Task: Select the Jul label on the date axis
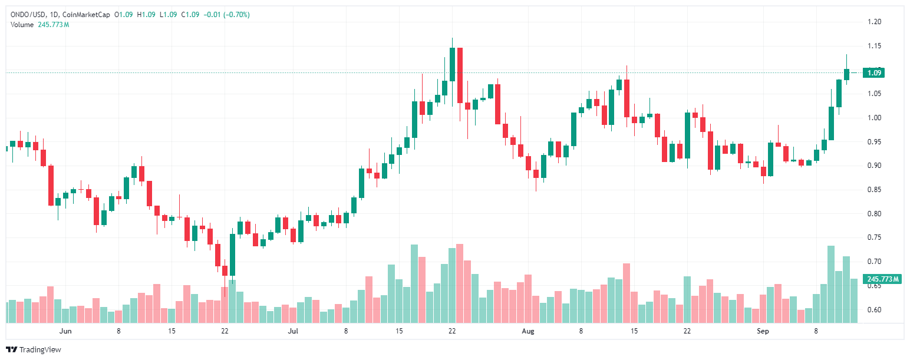(x=293, y=331)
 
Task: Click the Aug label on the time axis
(x=528, y=331)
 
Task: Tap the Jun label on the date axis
(x=65, y=331)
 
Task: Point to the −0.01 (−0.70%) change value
(x=226, y=14)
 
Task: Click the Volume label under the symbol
(x=22, y=24)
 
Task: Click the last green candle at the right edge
(x=846, y=74)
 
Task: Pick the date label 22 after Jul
(x=452, y=331)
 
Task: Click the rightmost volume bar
(x=854, y=300)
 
